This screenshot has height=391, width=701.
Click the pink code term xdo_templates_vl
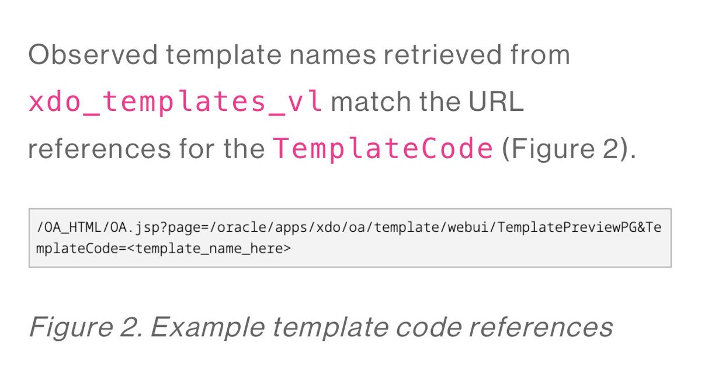click(175, 103)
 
